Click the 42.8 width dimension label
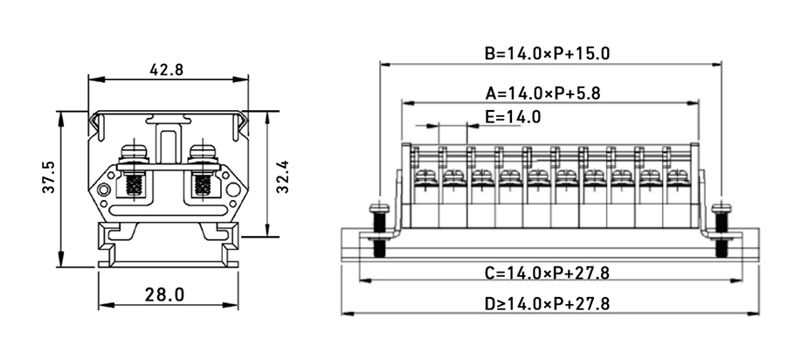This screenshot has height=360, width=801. tap(166, 70)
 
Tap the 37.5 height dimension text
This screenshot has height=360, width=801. tap(49, 177)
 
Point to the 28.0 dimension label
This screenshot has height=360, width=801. tap(165, 294)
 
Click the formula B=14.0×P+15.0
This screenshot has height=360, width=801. tap(547, 53)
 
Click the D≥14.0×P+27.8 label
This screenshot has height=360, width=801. tap(547, 304)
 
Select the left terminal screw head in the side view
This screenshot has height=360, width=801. tap(134, 154)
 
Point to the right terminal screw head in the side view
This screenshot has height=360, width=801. tap(203, 154)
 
